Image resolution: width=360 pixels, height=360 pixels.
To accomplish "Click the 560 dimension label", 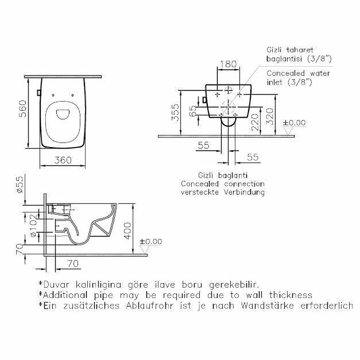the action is point(23,109).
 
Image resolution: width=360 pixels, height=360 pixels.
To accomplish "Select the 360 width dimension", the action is point(63,160).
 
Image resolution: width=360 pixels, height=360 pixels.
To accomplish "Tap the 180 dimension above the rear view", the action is point(228,64).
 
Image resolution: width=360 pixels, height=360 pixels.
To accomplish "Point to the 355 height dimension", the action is point(175,112).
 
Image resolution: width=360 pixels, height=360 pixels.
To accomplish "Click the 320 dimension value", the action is point(270,117).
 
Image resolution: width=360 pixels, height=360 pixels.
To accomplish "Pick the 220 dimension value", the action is point(255,122).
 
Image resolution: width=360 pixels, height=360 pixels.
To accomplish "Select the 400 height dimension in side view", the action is point(128,231).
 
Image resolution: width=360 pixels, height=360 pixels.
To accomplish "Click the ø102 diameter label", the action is point(33,225).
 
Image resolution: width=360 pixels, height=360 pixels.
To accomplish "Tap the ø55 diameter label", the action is point(20,184).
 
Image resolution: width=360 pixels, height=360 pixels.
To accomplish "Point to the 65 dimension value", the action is point(193,111).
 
